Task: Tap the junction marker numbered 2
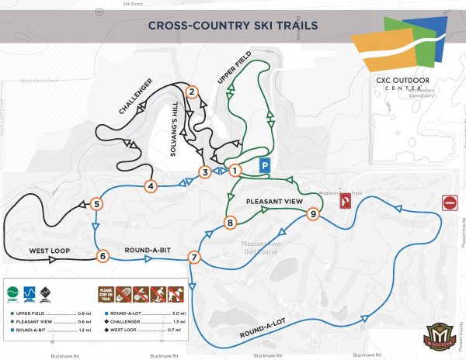(190, 92)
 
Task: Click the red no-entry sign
(450, 203)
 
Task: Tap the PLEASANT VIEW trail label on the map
(273, 201)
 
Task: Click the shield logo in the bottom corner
(439, 337)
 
